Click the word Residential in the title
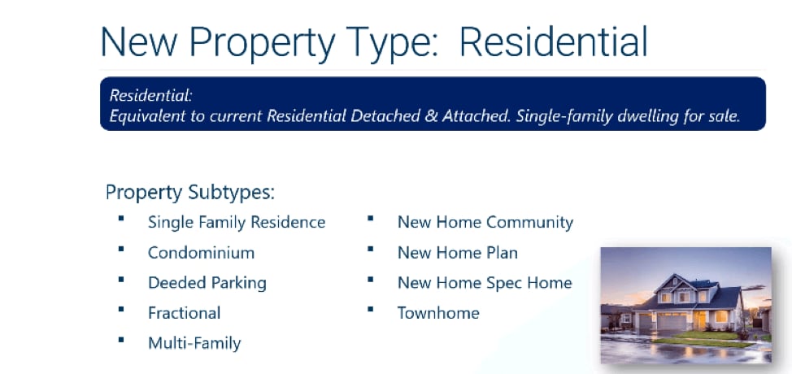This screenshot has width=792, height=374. (553, 41)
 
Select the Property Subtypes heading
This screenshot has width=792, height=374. (190, 193)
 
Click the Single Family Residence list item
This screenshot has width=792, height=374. (237, 222)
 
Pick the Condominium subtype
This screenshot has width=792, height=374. (201, 252)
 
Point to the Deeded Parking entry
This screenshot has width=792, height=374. (207, 283)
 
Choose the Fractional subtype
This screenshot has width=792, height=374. (185, 313)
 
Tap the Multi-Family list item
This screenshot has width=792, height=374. (194, 343)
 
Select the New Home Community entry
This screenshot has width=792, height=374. (485, 222)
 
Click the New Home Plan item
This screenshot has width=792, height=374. (458, 252)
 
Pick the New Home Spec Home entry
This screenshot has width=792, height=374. (485, 283)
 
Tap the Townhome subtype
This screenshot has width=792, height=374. (438, 313)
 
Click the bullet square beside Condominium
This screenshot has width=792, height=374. (120, 249)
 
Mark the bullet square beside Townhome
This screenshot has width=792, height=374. (370, 310)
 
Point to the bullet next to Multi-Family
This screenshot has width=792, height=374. (120, 340)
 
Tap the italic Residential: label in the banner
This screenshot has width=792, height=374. (151, 95)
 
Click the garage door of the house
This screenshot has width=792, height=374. (672, 322)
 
